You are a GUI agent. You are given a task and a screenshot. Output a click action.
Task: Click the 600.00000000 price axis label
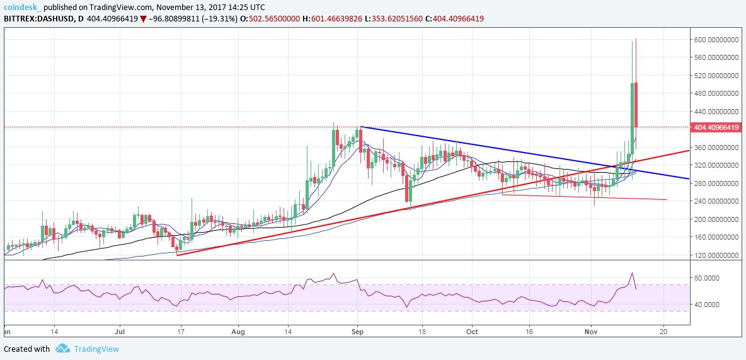717,39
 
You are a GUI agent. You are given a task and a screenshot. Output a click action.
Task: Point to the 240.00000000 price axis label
717,201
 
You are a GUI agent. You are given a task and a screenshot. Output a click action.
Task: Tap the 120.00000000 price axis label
717,255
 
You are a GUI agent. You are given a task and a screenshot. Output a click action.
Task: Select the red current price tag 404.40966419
717,127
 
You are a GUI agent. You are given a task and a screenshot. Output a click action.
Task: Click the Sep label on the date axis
357,330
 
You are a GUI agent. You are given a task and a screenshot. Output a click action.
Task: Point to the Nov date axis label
591,330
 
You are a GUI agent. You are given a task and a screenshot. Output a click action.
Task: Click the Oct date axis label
473,330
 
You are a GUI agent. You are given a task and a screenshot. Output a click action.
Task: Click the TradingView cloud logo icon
62,349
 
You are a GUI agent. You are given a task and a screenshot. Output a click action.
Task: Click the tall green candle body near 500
631,110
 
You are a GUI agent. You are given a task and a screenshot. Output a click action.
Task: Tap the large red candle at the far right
636,104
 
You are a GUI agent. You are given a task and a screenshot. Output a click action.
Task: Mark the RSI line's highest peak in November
631,273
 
